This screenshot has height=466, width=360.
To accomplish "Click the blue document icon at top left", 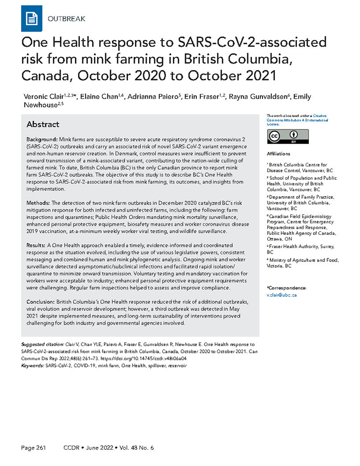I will (31, 19).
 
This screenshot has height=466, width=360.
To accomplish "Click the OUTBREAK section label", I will (67, 19).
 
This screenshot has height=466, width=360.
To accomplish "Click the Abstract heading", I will (43, 125).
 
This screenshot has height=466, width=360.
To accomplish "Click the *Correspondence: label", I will (286, 288).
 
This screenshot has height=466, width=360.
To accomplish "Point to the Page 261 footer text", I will (36, 448).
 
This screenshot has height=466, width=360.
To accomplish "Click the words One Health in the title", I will (56, 42).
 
